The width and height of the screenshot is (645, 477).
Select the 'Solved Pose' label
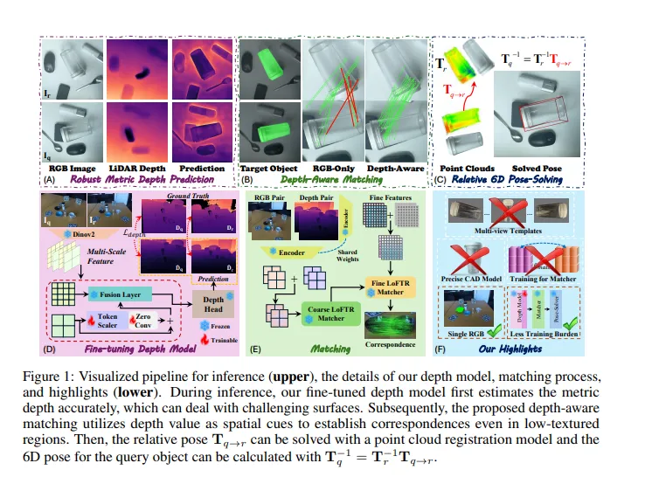coord(532,168)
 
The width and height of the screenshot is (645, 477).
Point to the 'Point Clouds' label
coord(467,168)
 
